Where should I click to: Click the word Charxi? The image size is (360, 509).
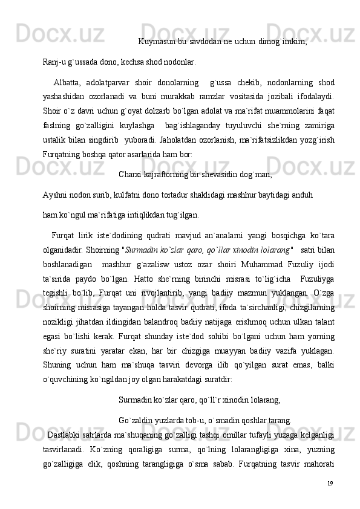[130, 175]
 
